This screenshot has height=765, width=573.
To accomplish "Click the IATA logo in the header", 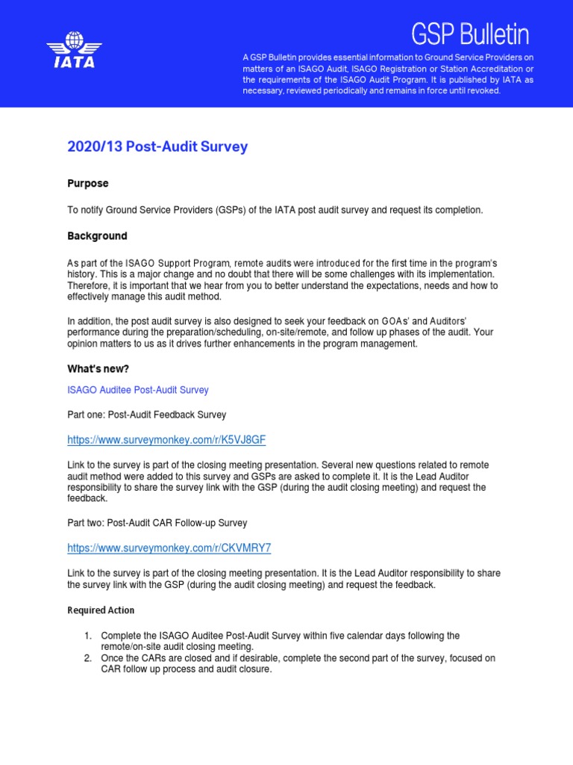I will point(72,50).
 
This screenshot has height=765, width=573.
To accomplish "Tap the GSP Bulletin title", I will point(471,34).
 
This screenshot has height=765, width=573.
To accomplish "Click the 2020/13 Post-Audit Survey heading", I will point(157,147).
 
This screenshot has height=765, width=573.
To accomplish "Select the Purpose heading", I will point(88,183).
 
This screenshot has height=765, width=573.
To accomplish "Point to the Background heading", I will point(97,236).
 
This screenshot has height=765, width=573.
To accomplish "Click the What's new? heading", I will point(98,369).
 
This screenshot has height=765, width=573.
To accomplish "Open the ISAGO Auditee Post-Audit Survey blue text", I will point(138,390).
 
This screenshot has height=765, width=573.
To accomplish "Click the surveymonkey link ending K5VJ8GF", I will point(166,440).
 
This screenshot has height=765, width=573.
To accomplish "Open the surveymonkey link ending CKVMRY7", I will point(169,548).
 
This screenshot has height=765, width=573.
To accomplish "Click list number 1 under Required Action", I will point(87,636).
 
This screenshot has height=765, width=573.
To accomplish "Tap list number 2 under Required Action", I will point(87,658).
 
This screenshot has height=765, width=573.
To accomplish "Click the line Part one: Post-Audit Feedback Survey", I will point(147,415).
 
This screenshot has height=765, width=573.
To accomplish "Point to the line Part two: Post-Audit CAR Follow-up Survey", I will point(157,523).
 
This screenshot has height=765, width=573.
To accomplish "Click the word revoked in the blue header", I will point(483,90).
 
